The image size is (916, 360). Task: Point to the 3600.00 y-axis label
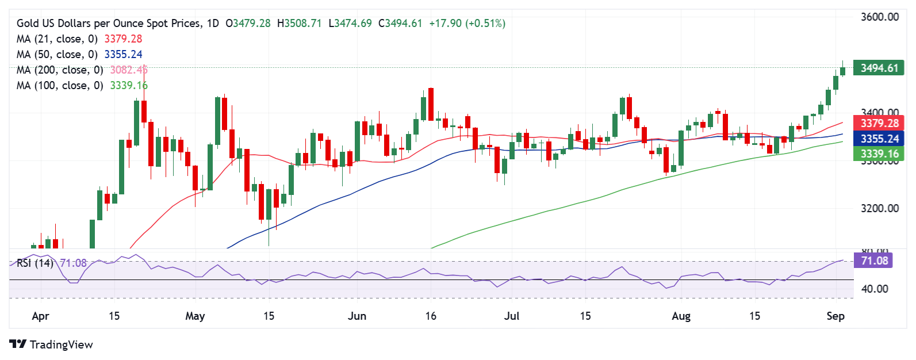[x=879, y=17]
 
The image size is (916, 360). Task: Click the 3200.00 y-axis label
[x=879, y=208]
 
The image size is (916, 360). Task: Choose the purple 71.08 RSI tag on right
[x=875, y=261]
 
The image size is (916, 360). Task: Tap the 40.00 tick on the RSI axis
[x=875, y=289]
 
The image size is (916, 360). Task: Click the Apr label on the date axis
[x=40, y=316]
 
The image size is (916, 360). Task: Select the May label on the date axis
[x=195, y=316]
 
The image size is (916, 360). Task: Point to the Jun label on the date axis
[x=357, y=316]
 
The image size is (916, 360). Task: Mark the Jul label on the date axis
[x=511, y=316]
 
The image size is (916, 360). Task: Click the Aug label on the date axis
[x=681, y=316]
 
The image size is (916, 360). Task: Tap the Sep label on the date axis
[x=835, y=316]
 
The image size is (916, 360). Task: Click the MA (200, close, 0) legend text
[x=60, y=70]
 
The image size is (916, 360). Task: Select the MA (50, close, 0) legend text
[x=57, y=55]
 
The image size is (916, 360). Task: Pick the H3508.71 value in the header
[x=299, y=24]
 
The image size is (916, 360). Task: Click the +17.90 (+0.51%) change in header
[x=467, y=24]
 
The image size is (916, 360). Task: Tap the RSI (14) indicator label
[x=35, y=263]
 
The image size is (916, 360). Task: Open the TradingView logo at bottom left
[x=51, y=344]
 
